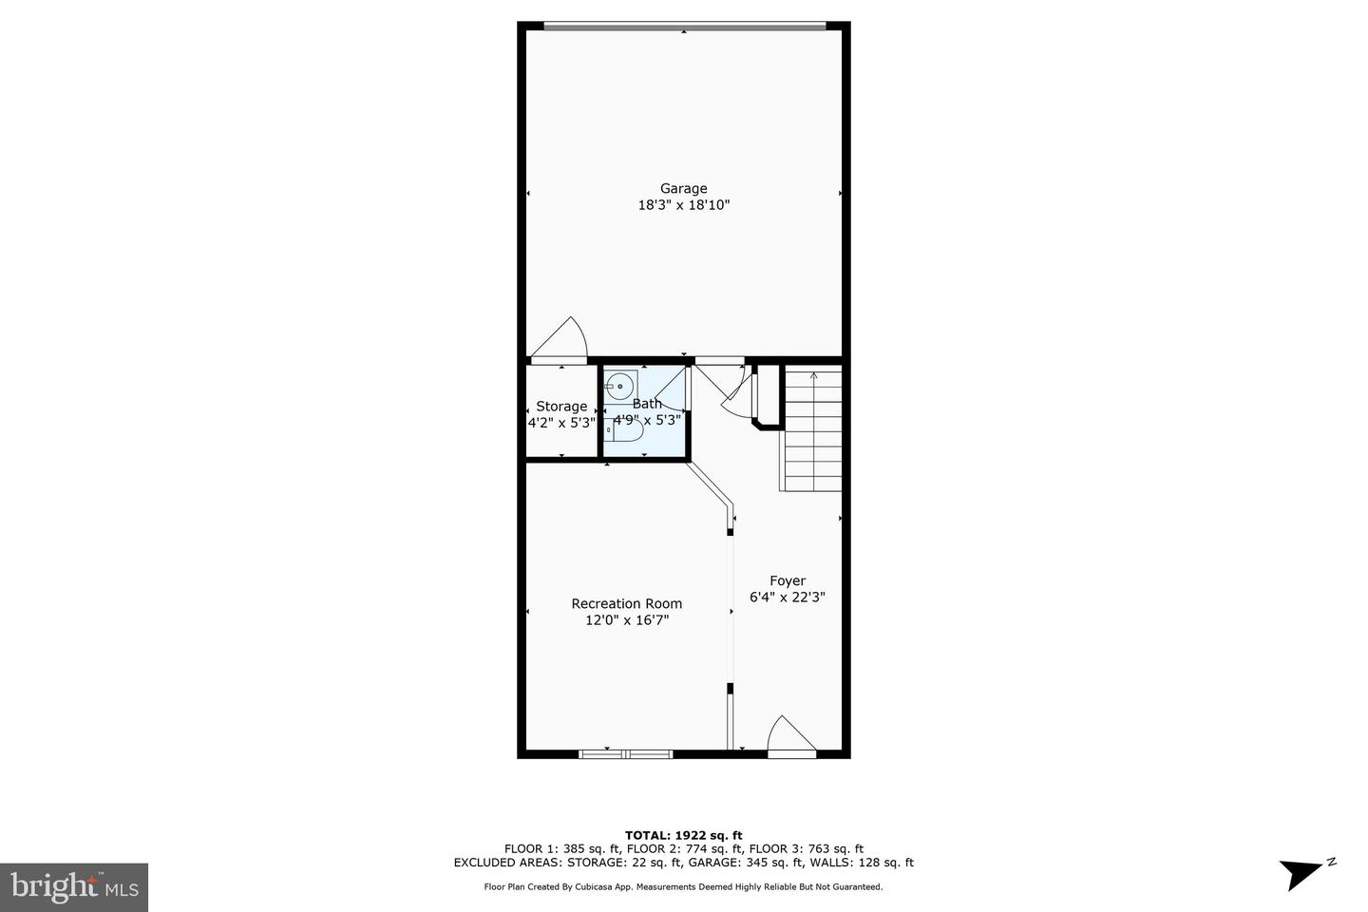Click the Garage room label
pos(683,188)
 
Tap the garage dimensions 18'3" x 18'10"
pos(683,205)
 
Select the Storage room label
pos(560,407)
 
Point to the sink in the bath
pos(620,387)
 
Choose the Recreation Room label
pos(626,603)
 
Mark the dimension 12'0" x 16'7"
pos(626,620)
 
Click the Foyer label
pos(787,580)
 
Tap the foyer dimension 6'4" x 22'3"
pos(787,598)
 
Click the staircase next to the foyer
pos(812,432)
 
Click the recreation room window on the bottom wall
pos(625,754)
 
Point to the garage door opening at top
pos(683,26)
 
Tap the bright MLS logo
pos(73,887)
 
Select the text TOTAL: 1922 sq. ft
pos(683,835)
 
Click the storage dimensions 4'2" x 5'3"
pos(560,423)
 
